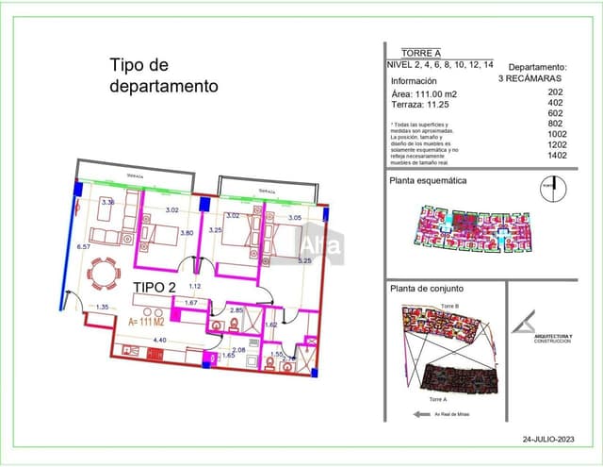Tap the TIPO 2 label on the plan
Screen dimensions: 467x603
tap(155, 288)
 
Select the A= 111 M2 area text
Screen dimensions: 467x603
tap(152, 322)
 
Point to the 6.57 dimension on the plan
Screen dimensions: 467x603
tap(82, 246)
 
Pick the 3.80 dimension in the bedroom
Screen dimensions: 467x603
tap(187, 233)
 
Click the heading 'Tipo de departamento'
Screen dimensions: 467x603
tap(164, 75)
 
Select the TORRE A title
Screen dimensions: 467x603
tap(421, 53)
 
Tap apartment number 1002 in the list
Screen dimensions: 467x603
tap(557, 135)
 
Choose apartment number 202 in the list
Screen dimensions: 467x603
tap(556, 92)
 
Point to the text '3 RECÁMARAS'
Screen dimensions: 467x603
tap(532, 79)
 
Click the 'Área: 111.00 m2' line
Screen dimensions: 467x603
tap(424, 94)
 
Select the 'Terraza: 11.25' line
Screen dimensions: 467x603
tap(419, 107)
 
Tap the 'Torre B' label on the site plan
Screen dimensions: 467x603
tap(449, 308)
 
